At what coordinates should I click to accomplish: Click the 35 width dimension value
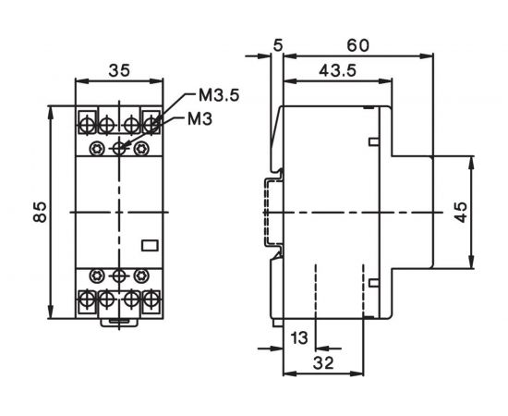[118, 69]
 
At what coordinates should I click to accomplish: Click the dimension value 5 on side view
[276, 44]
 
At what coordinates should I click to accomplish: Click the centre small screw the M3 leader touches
[119, 147]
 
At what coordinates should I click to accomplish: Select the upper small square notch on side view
[372, 141]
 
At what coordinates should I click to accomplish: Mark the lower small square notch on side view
[372, 282]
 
